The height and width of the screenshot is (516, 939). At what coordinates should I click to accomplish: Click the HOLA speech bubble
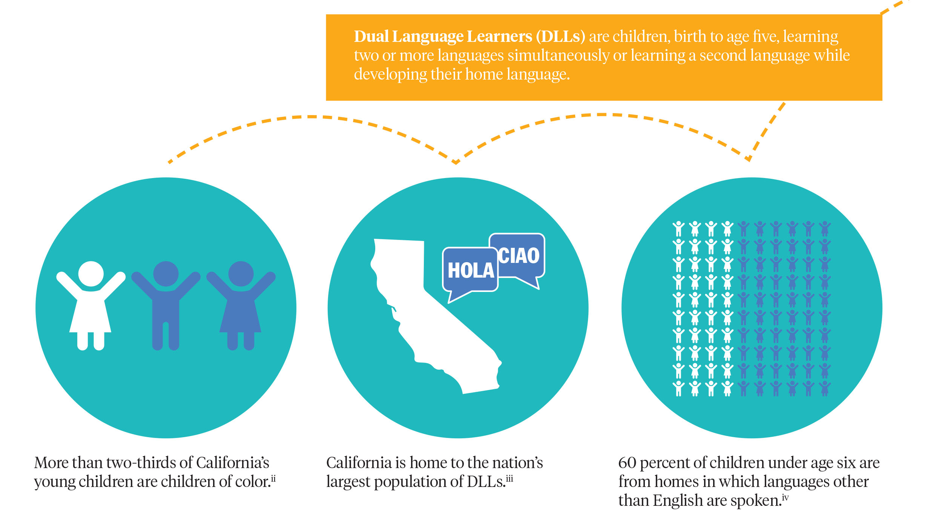pyautogui.click(x=470, y=270)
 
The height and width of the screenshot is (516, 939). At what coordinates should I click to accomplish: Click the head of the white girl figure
pyautogui.click(x=91, y=273)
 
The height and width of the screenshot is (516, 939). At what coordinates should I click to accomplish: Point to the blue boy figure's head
pyautogui.click(x=166, y=273)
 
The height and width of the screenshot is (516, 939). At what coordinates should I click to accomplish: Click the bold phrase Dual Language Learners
pyautogui.click(x=443, y=37)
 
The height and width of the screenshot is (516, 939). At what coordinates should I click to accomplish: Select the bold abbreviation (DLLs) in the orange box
pyautogui.click(x=561, y=37)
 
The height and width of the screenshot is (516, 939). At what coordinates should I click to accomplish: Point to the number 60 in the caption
pyautogui.click(x=627, y=463)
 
